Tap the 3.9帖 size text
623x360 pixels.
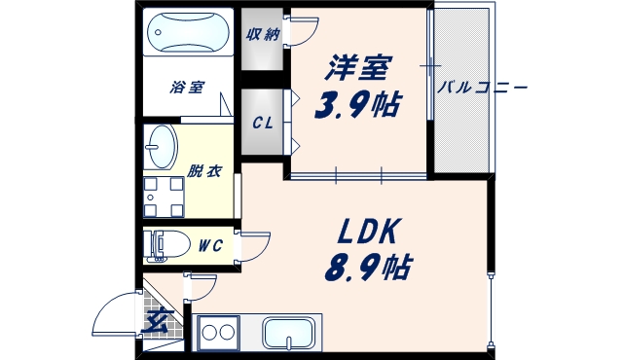pyautogui.click(x=357, y=103)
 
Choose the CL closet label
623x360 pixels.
pyautogui.click(x=262, y=124)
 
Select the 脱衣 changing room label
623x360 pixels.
pyautogui.click(x=204, y=171)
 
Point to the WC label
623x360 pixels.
pyautogui.click(x=211, y=246)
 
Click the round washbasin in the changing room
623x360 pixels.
pyautogui.click(x=161, y=148)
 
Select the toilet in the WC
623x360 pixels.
pyautogui.click(x=165, y=245)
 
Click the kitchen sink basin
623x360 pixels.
pyautogui.click(x=291, y=333)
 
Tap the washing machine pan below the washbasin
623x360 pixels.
pyautogui.click(x=162, y=195)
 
